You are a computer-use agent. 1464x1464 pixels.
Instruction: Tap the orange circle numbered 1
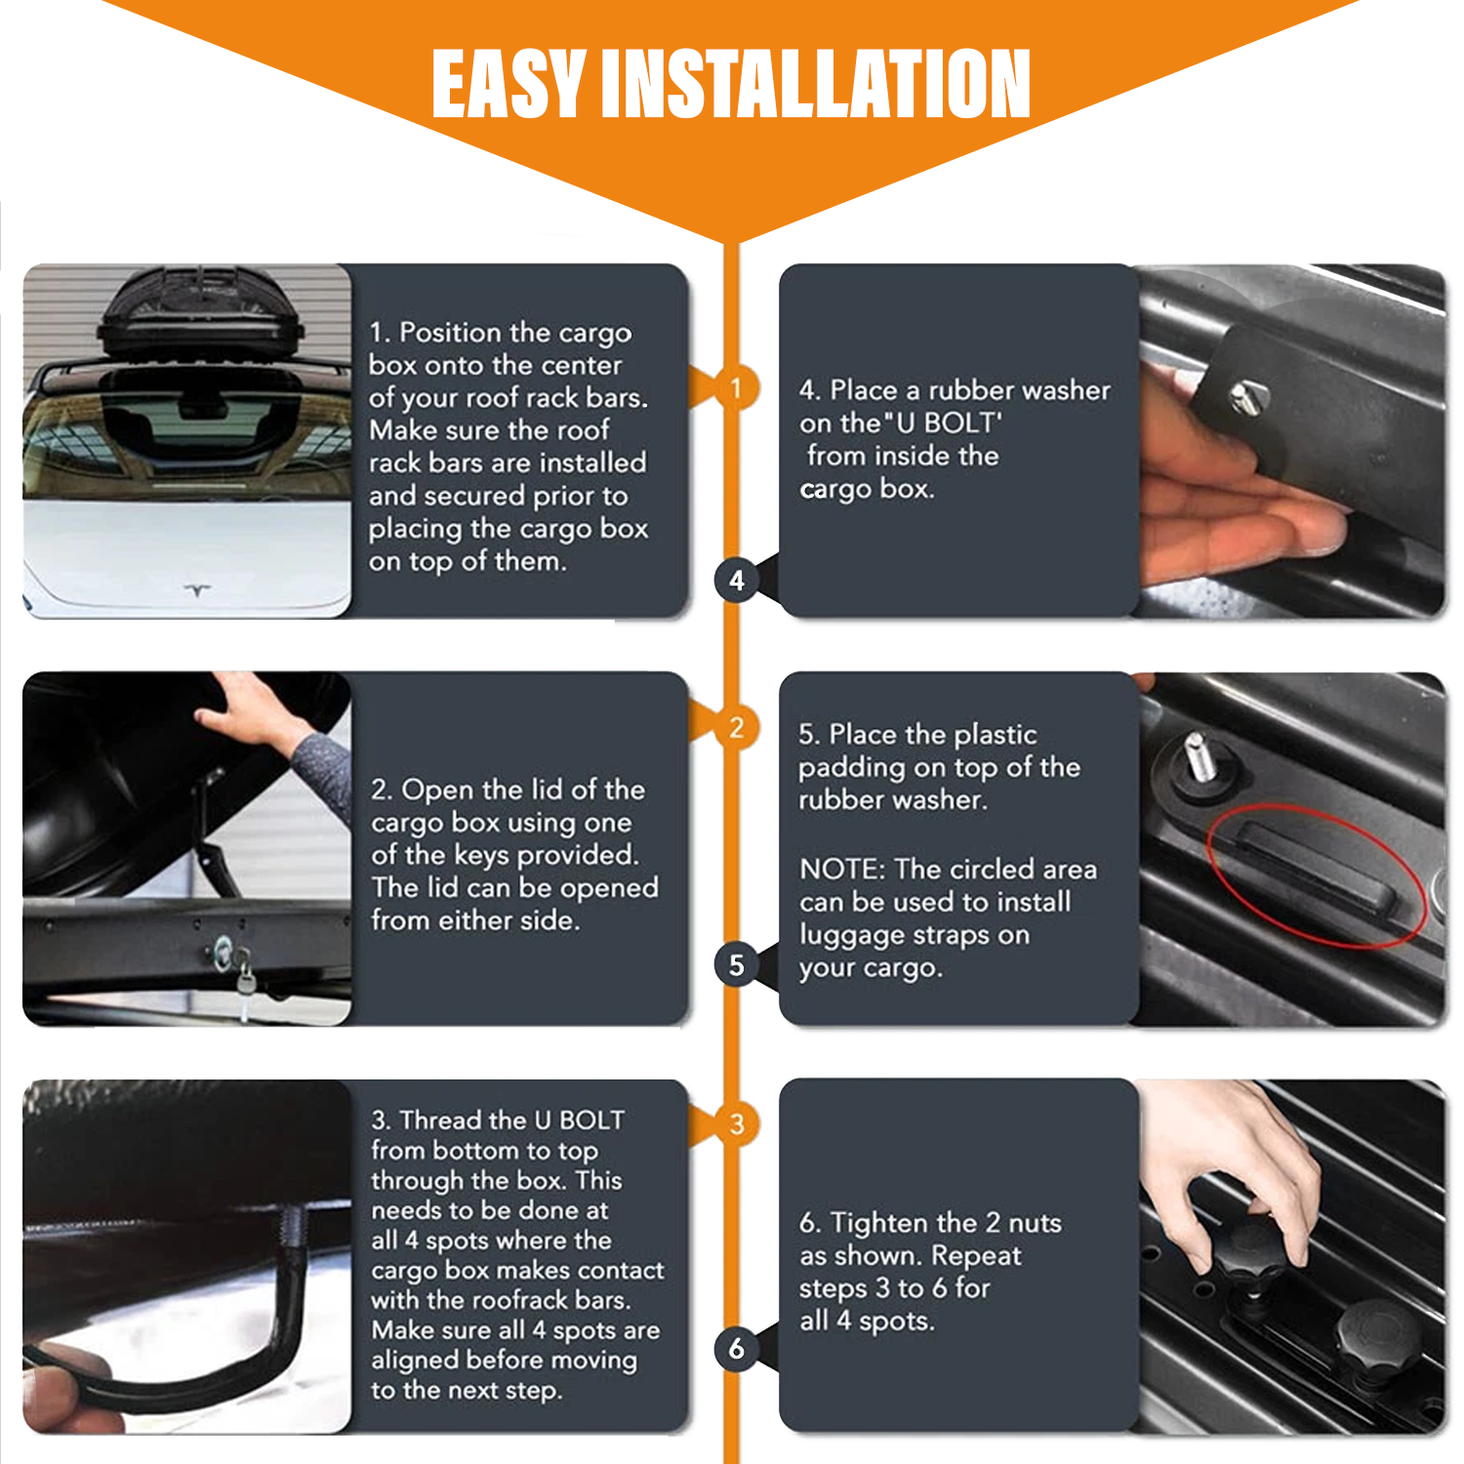point(736,388)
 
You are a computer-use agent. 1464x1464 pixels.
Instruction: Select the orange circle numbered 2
point(736,727)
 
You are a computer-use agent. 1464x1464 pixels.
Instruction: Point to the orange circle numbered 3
point(736,1123)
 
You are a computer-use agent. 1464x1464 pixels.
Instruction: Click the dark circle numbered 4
point(736,581)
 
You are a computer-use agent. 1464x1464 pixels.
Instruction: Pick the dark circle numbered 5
point(736,964)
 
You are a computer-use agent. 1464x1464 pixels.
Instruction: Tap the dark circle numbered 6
point(736,1349)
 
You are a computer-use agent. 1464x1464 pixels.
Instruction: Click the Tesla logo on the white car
point(198,590)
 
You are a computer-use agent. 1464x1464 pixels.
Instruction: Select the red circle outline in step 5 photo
point(1317,874)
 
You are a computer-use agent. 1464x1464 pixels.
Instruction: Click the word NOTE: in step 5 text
point(843,869)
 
